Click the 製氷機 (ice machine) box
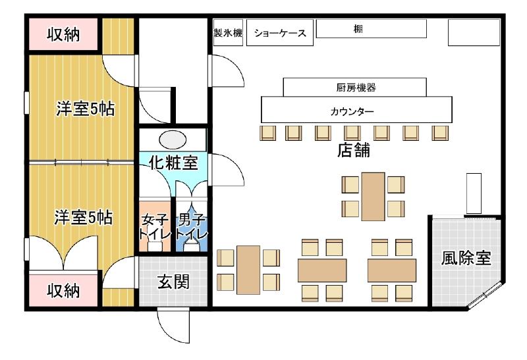pos(228,32)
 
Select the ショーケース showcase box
pos(280,32)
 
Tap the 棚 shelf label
pos(358,29)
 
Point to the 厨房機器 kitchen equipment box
pos(355,88)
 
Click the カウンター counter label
pos(352,111)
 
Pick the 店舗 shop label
pos(354,150)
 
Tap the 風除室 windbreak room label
pos(466,258)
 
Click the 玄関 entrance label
pos(173,282)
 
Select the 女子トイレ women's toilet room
pos(155,226)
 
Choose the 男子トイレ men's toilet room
pos(192,226)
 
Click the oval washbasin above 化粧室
pos(173,140)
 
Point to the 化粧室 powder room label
pos(173,163)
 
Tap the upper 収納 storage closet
pos(63,34)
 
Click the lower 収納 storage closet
pos(63,290)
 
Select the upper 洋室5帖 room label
pos(86,109)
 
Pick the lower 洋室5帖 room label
pos(84,217)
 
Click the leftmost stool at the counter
pos(268,133)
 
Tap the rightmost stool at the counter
pos(440,133)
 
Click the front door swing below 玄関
pos(174,326)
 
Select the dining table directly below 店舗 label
pos(373,197)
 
